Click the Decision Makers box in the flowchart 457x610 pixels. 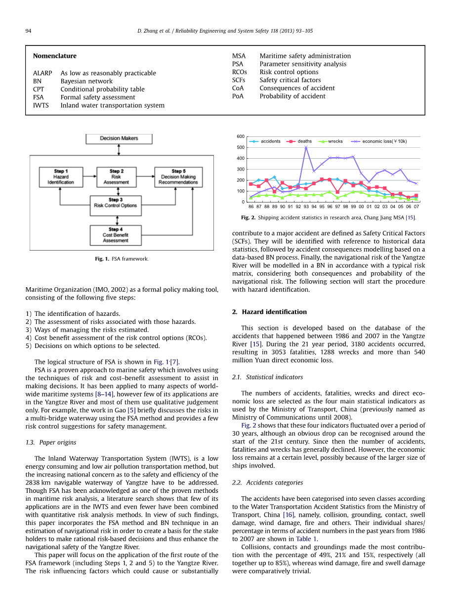click(119, 139)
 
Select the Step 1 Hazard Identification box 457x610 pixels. click(61, 177)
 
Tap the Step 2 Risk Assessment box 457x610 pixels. click(116, 177)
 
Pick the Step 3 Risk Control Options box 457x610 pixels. click(116, 203)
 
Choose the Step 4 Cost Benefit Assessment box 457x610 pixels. click(116, 235)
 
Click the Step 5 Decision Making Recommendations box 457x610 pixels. click(178, 177)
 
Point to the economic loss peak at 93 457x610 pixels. click(306, 147)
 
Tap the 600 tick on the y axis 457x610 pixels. click(241, 136)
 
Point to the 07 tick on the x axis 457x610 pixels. click(416, 207)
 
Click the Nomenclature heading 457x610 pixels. click(54, 56)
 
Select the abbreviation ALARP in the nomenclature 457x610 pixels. click(42, 73)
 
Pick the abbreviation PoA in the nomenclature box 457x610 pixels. click(238, 96)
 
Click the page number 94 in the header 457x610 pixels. click(29, 31)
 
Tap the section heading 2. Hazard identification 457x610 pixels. click(269, 312)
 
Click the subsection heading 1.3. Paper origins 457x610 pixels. click(51, 442)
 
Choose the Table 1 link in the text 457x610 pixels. click(307, 539)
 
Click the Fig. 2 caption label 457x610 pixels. click(248, 218)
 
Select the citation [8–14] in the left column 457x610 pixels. click(105, 394)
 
